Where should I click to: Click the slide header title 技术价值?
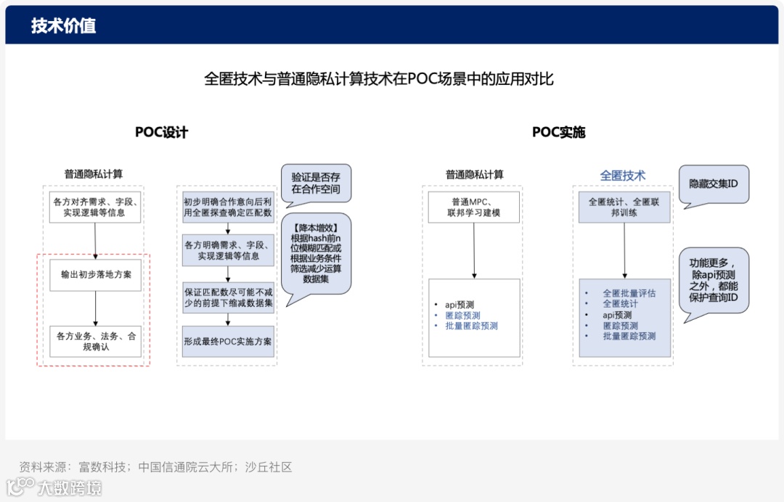64,26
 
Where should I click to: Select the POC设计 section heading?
161,132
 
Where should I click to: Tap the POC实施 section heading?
558,132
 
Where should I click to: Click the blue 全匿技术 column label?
622,176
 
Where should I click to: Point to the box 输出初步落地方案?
96,275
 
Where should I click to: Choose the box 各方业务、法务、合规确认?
96,342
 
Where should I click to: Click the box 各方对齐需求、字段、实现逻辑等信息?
95,207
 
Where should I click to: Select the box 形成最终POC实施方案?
228,341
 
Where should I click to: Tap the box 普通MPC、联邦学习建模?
473,207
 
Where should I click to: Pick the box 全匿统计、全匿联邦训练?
624,207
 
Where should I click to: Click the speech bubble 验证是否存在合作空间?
316,183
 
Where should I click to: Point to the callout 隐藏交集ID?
713,184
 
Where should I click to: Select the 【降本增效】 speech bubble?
316,253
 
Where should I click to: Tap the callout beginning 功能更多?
713,280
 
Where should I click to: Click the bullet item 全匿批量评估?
629,293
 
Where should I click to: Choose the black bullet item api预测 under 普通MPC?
460,305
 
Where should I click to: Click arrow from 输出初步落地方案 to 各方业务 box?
96,308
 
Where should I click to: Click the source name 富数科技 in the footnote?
102,467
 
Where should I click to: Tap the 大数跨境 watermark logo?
54,487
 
